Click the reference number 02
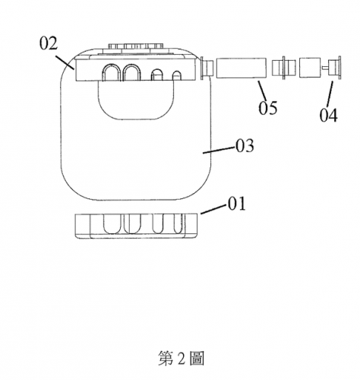pos(49,43)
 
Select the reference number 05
pos(267,108)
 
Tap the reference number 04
pos(328,115)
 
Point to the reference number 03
pos(245,146)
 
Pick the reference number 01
pos(237,204)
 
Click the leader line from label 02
pos(65,62)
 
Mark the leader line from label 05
pos(262,90)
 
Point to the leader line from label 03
pos(219,150)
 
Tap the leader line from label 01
pos(213,210)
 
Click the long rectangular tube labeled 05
pos(241,68)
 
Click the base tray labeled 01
pos(136,226)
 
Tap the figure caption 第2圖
pos(181,358)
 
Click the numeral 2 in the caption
pos(182,359)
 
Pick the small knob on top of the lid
pos(136,46)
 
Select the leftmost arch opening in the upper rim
pos(110,72)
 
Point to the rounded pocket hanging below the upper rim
pos(137,100)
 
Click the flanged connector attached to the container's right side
pos(207,68)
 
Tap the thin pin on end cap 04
pos(325,68)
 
